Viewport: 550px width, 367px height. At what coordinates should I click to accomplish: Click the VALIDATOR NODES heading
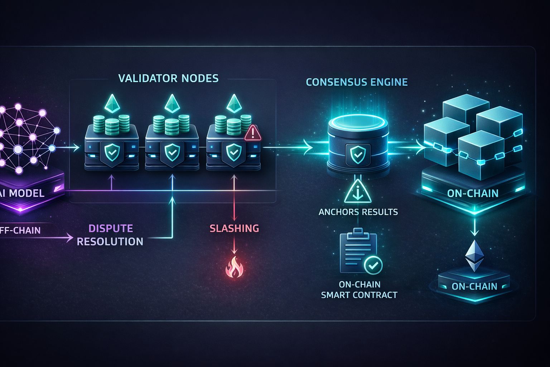pos(168,78)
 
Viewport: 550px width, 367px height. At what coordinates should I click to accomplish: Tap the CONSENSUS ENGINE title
pos(357,82)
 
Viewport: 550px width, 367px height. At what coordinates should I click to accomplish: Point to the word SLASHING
pos(234,228)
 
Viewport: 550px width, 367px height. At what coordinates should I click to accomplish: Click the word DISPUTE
pos(111,228)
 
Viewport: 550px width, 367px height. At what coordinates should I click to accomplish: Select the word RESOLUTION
pos(110,242)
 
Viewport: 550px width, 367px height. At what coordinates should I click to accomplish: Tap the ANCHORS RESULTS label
pos(358,212)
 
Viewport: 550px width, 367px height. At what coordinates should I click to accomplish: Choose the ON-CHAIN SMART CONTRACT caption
pos(359,290)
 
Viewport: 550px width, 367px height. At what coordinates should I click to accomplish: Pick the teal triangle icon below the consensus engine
pos(358,192)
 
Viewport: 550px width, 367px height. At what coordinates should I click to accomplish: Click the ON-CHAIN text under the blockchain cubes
pos(473,194)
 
